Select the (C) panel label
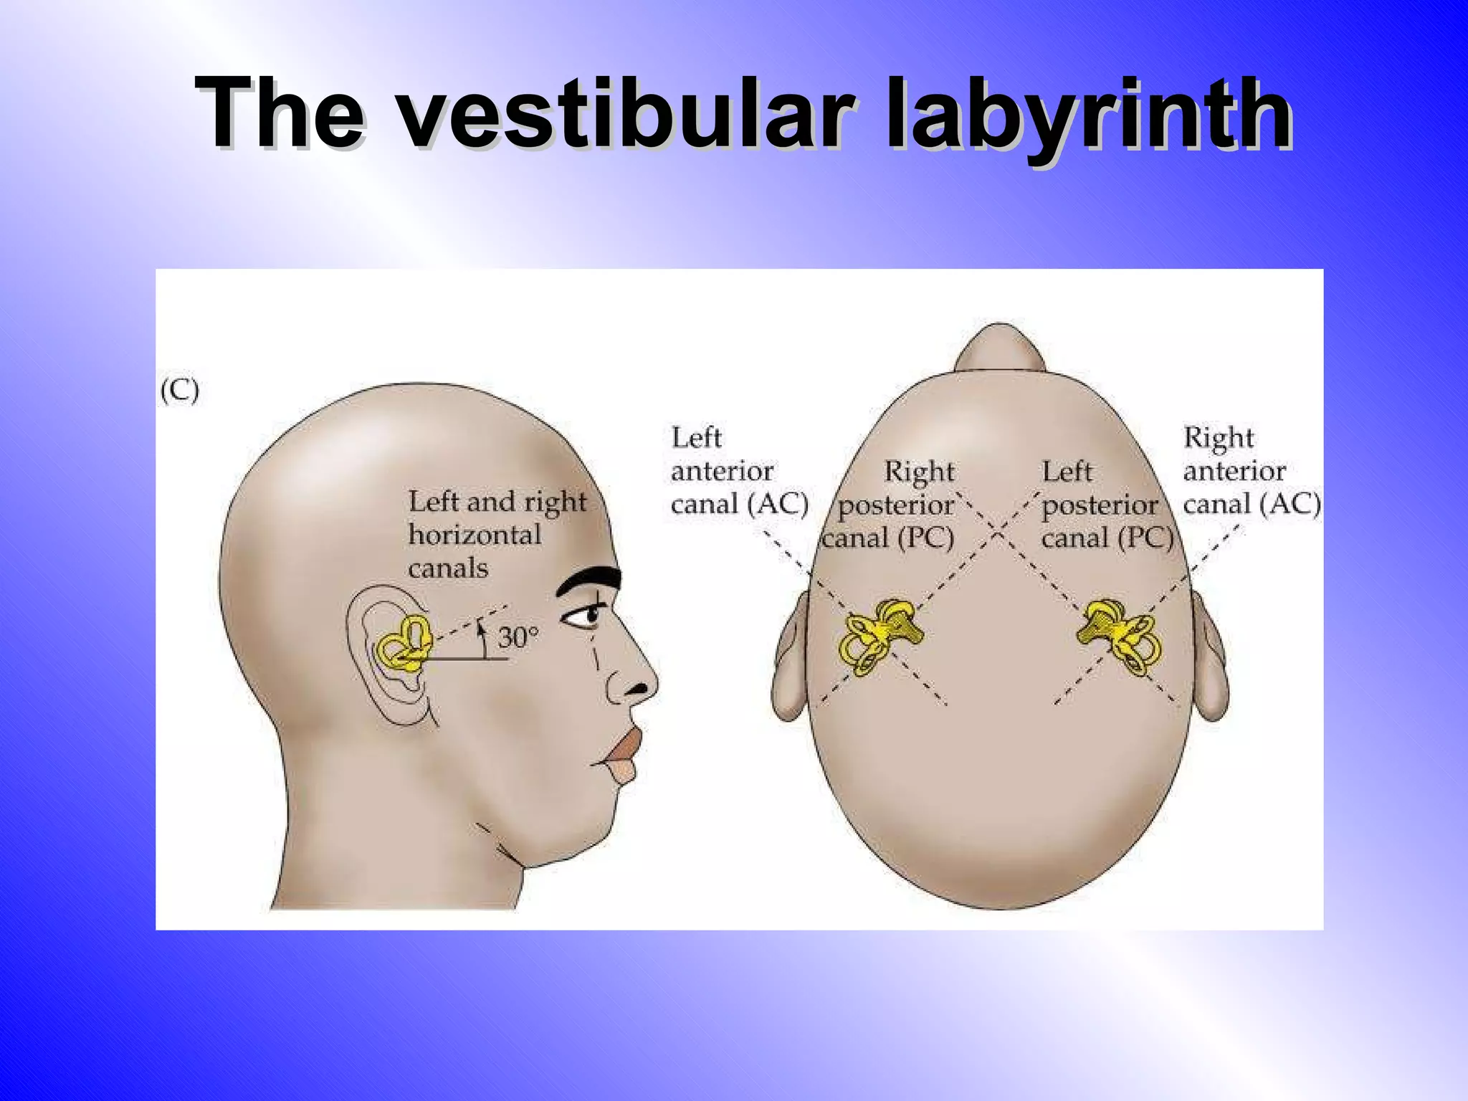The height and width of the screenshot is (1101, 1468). pyautogui.click(x=179, y=391)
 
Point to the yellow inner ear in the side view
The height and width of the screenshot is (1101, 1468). pyautogui.click(x=404, y=643)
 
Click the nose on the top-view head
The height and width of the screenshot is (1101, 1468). pyautogui.click(x=999, y=348)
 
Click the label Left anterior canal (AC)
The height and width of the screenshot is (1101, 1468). pyautogui.click(x=739, y=470)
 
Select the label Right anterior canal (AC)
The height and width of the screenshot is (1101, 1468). pyautogui.click(x=1251, y=470)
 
